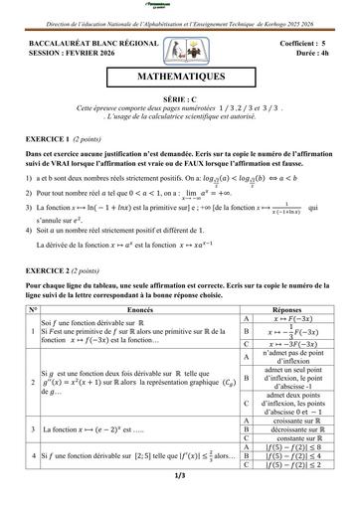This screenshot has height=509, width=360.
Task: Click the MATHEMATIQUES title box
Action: [x=180, y=74]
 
